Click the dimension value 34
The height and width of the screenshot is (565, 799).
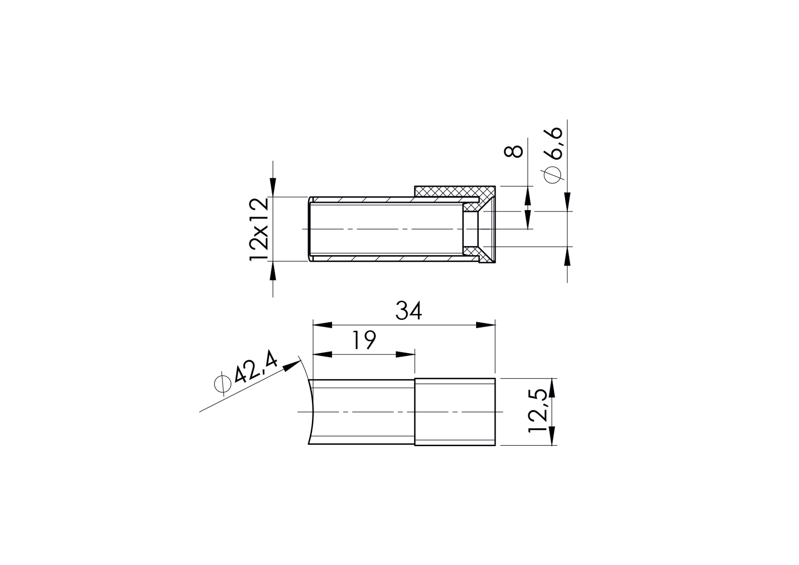409,312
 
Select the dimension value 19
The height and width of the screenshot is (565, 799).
364,340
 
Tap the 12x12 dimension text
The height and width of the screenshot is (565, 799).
260,229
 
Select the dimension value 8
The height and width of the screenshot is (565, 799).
514,151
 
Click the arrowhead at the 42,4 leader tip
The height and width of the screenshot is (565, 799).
293,365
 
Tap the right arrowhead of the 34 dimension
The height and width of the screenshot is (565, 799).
486,325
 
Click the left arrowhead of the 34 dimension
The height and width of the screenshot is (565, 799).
322,325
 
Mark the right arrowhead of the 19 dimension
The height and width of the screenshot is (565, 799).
405,354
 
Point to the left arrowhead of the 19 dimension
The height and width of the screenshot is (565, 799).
322,354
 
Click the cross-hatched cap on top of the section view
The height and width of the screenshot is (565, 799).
447,191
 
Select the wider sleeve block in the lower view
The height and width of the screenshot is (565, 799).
455,412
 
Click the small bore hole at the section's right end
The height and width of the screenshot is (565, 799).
471,229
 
